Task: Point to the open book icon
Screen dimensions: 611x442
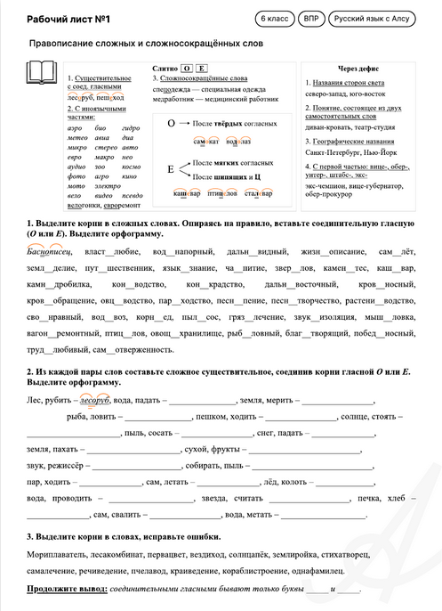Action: tap(43, 73)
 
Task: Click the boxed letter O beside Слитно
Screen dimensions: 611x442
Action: tap(187, 68)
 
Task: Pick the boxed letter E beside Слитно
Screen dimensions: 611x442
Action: tap(202, 68)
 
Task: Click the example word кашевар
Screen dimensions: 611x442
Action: tap(188, 193)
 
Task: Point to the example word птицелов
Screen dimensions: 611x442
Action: tap(221, 193)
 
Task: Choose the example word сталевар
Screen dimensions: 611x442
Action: tap(257, 193)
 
